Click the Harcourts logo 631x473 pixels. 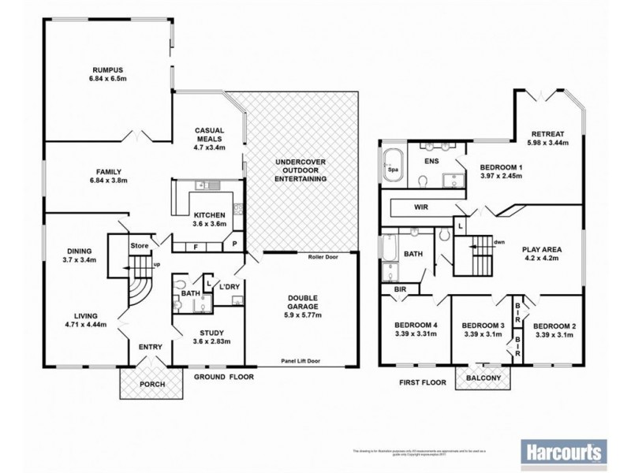tap(564, 453)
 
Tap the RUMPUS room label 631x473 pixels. tap(108, 69)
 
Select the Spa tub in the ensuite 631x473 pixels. tap(392, 168)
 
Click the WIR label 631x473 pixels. tap(421, 207)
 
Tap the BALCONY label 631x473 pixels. tap(484, 378)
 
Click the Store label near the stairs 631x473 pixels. tap(140, 246)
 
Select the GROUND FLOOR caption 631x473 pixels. tap(224, 378)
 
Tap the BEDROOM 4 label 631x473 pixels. tap(416, 325)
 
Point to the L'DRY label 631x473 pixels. tap(231, 285)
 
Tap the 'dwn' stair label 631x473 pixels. tap(498, 242)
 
